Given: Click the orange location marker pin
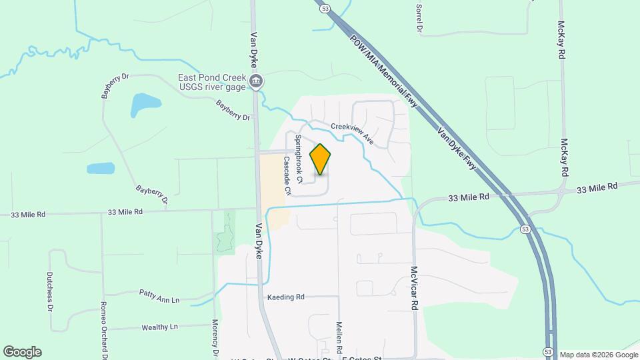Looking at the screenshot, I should point(321,159).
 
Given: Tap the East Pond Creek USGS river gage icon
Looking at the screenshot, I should point(256,82).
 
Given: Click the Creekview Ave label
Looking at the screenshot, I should point(353,133).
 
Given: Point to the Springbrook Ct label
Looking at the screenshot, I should point(299,159).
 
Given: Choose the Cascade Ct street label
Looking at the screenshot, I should point(287,175).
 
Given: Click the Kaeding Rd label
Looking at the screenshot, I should point(285,297).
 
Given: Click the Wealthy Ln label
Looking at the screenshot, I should point(160,327).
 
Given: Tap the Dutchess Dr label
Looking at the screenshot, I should point(50,291).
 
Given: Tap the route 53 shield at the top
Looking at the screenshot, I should point(325,8).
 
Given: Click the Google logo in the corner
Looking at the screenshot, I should point(22,351).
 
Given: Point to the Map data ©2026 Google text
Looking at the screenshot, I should point(599,354).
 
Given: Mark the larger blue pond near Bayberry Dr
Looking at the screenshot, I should point(145,104).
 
